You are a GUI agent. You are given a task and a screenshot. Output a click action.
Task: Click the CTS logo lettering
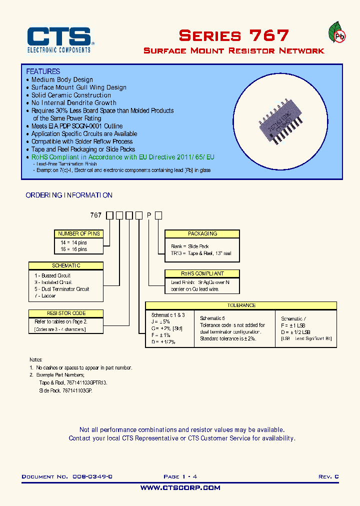tap(58, 37)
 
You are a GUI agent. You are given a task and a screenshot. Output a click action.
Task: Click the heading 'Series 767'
tap(233, 35)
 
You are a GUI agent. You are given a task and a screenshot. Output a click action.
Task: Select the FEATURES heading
tap(43, 71)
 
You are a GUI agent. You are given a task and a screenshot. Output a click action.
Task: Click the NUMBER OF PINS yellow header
tap(78, 233)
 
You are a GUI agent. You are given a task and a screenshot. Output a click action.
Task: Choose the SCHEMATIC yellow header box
tap(66, 265)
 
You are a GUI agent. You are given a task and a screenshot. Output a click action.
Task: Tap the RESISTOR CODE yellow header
tap(66, 313)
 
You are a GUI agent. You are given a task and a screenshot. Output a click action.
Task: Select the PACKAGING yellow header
tap(202, 233)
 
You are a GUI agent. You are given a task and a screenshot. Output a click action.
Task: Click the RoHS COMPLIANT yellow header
tap(202, 273)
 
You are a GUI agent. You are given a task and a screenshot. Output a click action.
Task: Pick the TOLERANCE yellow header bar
tap(240, 305)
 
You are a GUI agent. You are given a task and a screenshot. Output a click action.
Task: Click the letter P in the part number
tap(148, 215)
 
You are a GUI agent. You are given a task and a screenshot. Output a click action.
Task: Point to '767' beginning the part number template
tap(95, 215)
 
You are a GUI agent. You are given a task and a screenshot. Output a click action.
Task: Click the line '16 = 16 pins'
tap(73, 249)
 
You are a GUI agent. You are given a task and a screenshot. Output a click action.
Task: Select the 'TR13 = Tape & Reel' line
tap(201, 253)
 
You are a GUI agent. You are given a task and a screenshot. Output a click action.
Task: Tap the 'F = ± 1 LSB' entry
tap(293, 325)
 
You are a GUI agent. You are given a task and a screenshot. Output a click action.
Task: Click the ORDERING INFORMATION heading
tap(69, 195)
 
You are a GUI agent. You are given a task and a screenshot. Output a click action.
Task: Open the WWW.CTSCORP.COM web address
tap(180, 487)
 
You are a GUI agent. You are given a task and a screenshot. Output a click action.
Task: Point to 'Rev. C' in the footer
tap(328, 477)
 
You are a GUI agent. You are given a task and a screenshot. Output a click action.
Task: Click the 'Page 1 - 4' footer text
tap(183, 477)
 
